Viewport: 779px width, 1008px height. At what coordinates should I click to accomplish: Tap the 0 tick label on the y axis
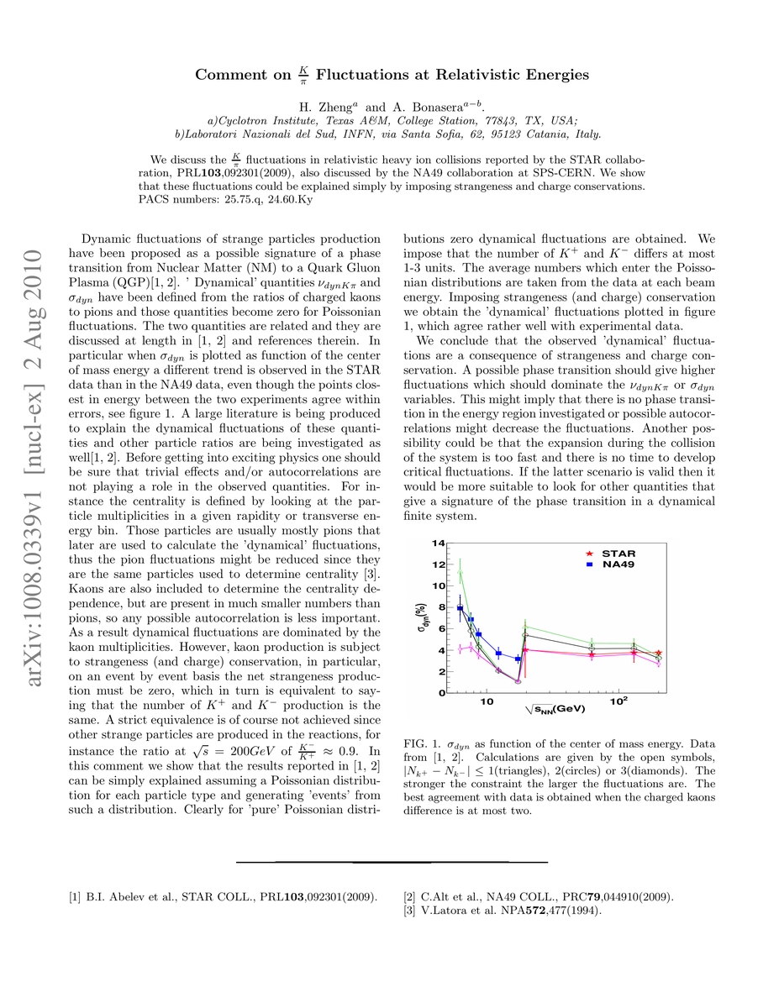click(441, 693)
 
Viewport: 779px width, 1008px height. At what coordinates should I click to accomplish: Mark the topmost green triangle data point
click(460, 573)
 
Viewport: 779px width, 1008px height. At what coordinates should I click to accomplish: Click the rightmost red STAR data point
click(658, 653)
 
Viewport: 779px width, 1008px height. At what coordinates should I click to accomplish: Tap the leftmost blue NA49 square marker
click(460, 607)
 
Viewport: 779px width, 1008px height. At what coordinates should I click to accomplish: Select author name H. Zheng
click(329, 107)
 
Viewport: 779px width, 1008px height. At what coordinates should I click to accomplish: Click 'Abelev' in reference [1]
click(125, 896)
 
